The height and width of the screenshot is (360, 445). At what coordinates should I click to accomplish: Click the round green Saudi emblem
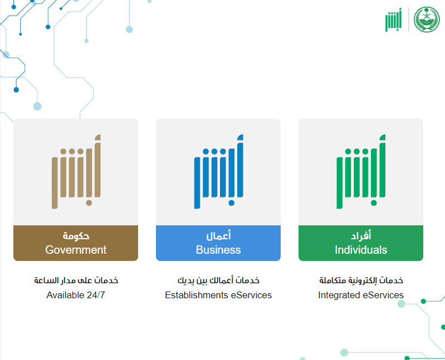tap(427, 19)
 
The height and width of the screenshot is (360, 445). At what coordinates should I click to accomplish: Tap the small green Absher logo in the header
tap(394, 20)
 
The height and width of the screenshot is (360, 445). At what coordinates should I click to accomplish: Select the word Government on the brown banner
tap(76, 250)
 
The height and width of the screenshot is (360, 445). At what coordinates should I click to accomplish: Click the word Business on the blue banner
tap(218, 250)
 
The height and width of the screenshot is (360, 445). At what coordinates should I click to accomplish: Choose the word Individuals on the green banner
tap(361, 250)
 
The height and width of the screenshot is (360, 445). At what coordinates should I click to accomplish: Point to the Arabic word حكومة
tap(76, 236)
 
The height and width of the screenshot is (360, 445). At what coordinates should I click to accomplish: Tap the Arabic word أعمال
tap(218, 235)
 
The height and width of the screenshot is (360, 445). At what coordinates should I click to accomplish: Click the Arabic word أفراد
tap(361, 235)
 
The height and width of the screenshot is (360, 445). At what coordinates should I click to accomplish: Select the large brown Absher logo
tap(76, 171)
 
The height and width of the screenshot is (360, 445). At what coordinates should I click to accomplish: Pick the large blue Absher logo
tap(218, 171)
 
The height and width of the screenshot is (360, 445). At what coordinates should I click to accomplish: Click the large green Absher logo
tap(361, 171)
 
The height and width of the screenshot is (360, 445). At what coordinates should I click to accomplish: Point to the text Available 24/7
tap(76, 295)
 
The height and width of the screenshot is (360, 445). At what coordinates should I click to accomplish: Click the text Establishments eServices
tap(218, 295)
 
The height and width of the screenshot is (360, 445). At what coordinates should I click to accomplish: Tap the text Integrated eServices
tap(361, 295)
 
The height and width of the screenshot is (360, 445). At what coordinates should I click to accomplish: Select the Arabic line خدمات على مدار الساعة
tap(76, 280)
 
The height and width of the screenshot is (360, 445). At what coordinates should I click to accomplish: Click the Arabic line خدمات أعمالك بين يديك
tap(218, 280)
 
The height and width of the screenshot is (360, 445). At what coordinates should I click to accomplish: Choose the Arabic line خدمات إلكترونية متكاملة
tap(361, 280)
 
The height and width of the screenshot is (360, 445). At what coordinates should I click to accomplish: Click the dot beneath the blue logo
tap(231, 203)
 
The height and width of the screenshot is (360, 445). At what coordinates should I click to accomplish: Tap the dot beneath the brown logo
tap(89, 203)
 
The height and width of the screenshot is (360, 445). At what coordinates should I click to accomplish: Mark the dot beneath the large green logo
tap(374, 203)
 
